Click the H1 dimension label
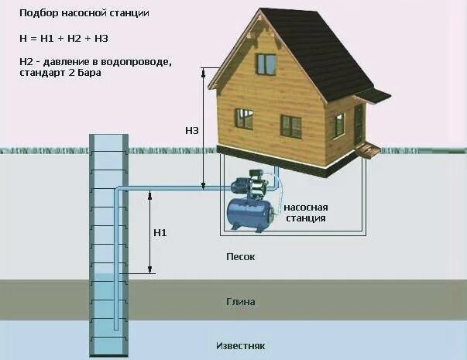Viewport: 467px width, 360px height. point(160,231)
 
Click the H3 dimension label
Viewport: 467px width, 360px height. point(191,131)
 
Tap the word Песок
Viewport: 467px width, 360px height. point(240,256)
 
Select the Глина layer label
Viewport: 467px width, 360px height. point(241,302)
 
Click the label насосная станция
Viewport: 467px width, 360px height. point(306,213)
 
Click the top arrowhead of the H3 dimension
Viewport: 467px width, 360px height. point(203,71)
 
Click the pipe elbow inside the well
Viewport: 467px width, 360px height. point(118,190)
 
